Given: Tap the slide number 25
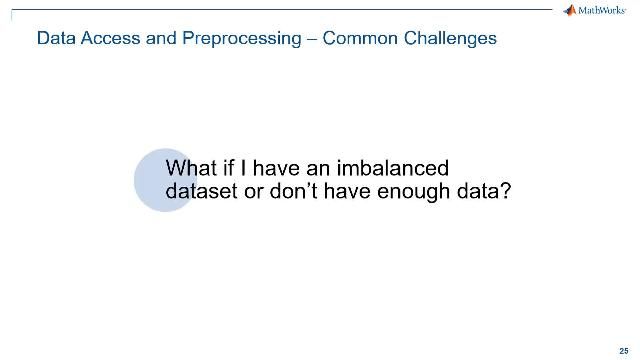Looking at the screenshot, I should (625, 339).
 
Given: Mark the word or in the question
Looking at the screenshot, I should (256, 192).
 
